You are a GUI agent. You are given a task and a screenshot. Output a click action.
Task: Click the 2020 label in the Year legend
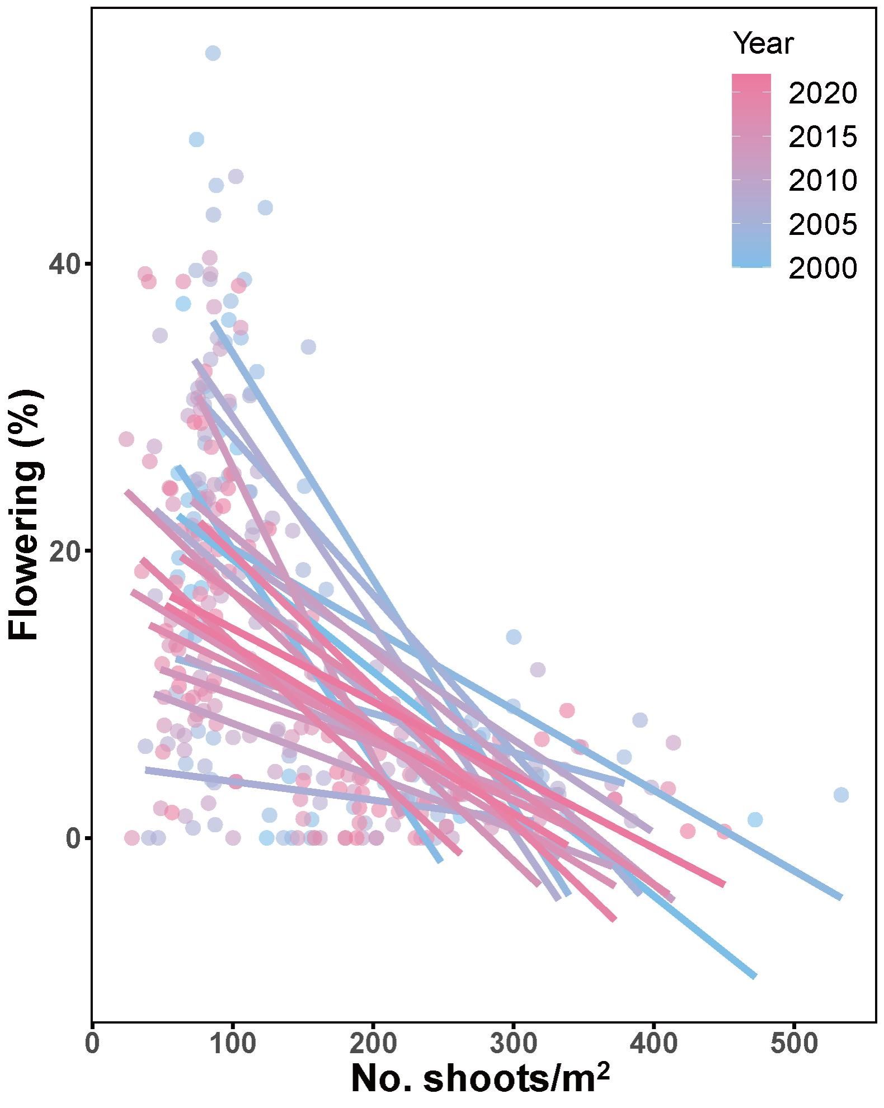822,93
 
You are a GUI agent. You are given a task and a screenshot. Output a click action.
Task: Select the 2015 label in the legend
822,137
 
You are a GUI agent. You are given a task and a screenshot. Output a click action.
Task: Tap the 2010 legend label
822,181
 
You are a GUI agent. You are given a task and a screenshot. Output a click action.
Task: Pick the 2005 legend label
822,224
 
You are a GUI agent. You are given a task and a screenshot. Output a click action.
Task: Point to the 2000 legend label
822,268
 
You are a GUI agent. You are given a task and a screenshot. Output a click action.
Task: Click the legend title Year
763,44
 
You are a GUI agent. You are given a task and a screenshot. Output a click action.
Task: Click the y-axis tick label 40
63,264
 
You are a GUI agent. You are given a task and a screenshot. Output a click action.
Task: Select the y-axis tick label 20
63,551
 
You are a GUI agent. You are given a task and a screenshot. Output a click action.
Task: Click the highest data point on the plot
213,53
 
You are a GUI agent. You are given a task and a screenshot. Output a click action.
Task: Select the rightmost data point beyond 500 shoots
840,795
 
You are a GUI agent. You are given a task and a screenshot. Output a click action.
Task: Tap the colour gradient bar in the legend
751,170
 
